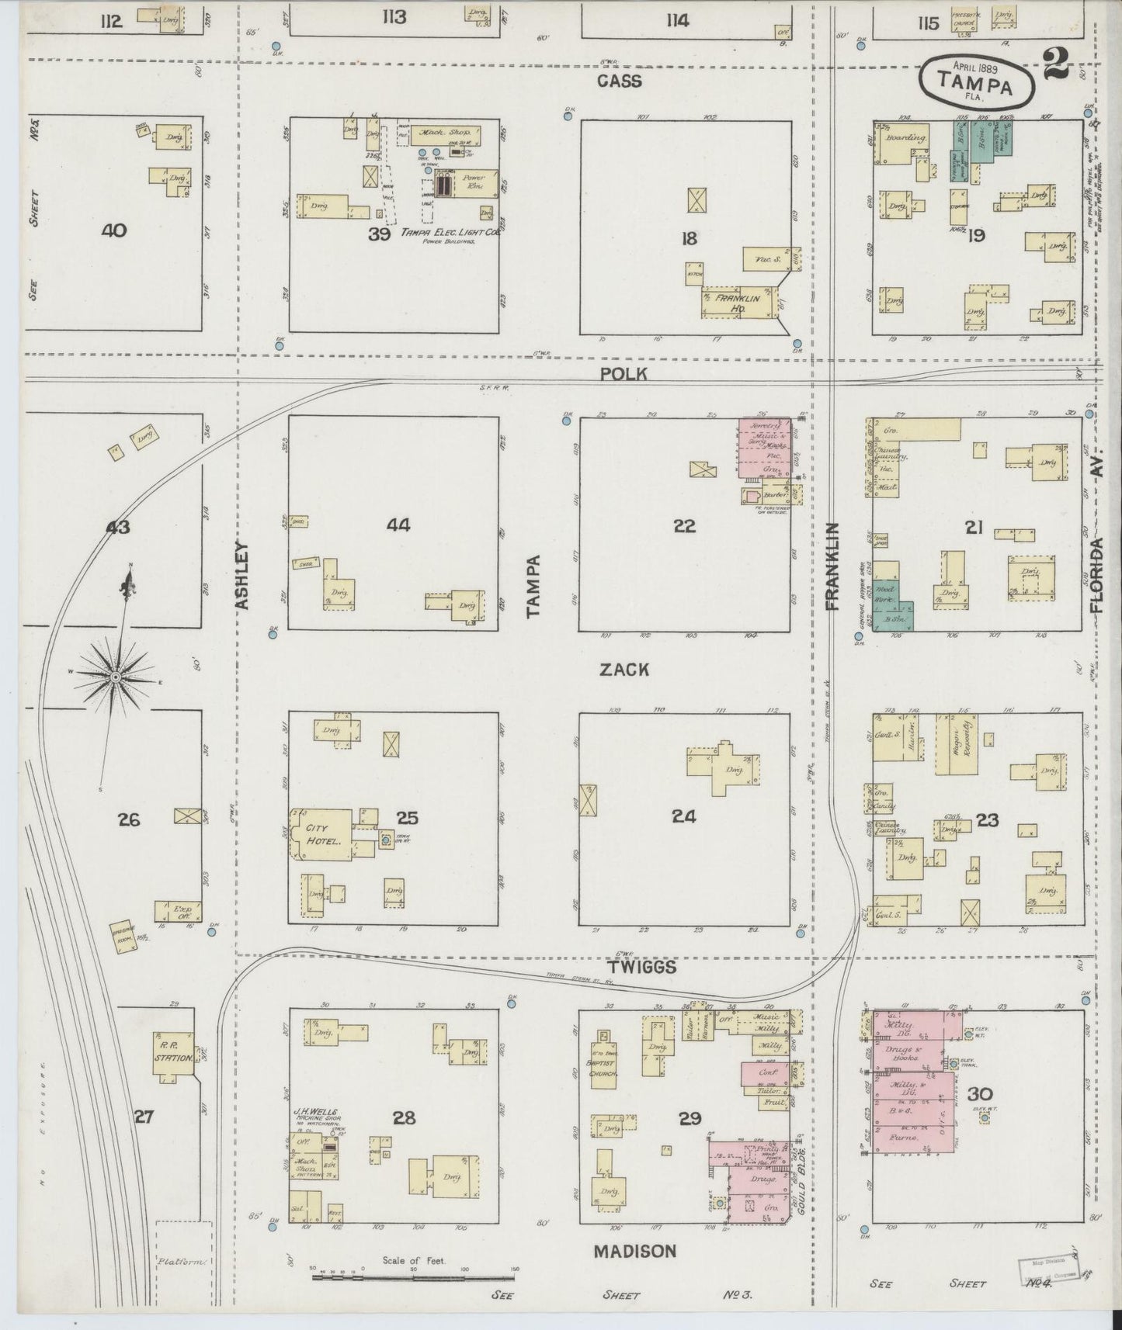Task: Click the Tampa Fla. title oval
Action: coord(977,82)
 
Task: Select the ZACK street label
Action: coord(624,670)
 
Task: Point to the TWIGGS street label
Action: coord(641,968)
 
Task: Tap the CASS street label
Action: coord(620,81)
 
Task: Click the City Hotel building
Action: coord(320,835)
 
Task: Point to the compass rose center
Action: coord(116,677)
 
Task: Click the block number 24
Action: coord(684,816)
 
